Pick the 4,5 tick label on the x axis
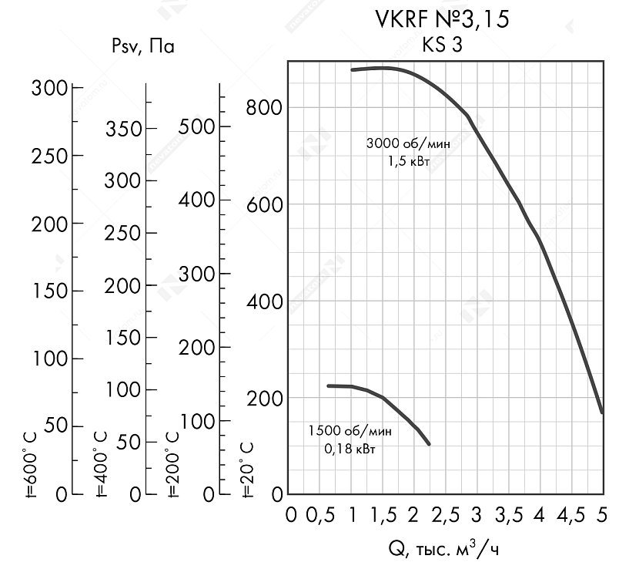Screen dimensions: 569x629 click(570, 514)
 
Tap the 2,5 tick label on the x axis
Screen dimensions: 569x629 click(446, 514)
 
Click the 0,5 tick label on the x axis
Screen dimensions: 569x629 click(322, 514)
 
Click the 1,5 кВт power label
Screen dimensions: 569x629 click(409, 161)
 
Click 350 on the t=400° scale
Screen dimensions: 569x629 click(124, 129)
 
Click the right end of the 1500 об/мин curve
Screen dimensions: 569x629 click(429, 444)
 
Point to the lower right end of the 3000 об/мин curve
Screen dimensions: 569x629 click(602, 412)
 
